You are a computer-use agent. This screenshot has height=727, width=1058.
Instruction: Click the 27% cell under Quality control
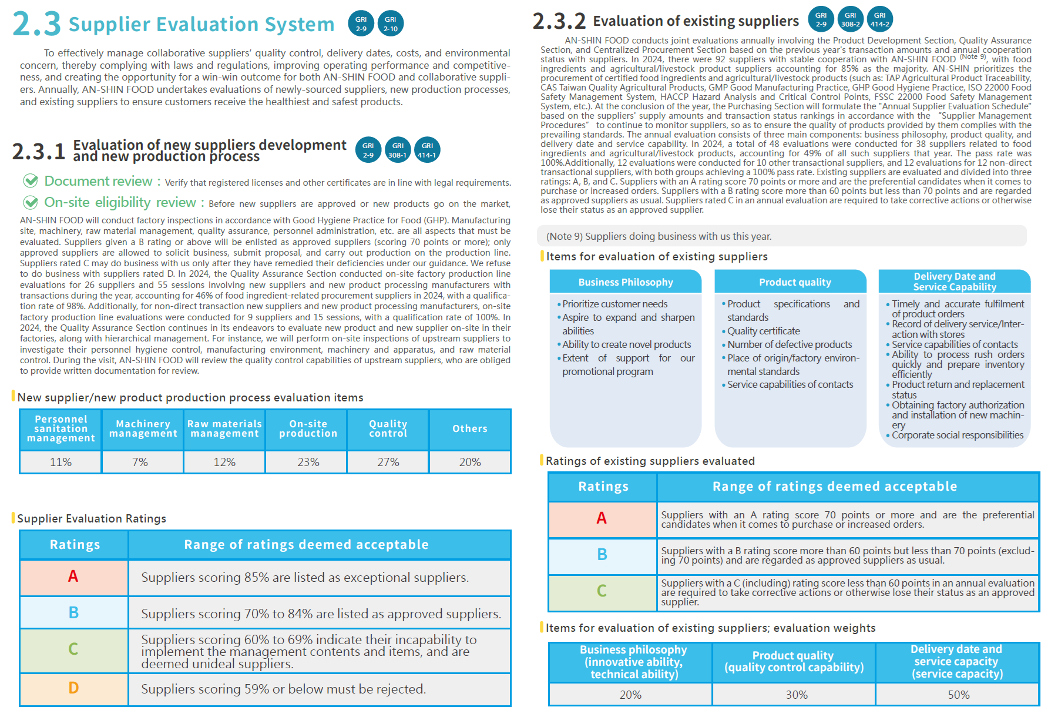tap(388, 462)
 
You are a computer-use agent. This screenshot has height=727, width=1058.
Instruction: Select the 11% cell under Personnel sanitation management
tap(61, 462)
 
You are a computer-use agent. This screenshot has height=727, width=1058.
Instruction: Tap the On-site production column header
tap(308, 428)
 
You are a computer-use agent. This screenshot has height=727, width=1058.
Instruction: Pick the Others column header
tap(469, 428)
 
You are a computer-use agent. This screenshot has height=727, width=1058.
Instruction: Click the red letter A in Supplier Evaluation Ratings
tap(73, 576)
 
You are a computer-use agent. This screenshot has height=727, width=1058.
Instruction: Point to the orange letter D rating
tap(73, 688)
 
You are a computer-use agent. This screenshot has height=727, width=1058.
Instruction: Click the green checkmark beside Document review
tap(31, 181)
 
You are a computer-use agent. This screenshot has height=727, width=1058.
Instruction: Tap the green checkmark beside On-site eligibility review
tap(31, 203)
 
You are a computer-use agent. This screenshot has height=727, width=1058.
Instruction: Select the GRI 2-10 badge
tap(391, 24)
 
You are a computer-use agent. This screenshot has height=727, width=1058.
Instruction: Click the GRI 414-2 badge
tap(879, 19)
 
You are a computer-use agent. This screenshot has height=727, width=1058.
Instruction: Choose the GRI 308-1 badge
tap(398, 150)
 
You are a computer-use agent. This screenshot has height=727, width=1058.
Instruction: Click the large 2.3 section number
tap(36, 24)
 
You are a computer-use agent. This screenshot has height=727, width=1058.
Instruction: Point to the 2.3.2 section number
tap(559, 22)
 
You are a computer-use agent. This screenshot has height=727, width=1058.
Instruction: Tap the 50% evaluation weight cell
tap(958, 695)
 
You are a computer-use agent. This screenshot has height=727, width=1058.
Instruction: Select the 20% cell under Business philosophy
tap(630, 695)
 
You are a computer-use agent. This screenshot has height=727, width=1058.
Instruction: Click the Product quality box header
tap(795, 282)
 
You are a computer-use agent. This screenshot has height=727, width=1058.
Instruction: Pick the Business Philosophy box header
tap(626, 282)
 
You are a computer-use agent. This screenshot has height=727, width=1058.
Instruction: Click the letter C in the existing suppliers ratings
tap(602, 591)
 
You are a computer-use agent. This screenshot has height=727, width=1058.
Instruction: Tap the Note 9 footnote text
tap(659, 236)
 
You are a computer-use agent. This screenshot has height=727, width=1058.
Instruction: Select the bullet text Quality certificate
tap(763, 331)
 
